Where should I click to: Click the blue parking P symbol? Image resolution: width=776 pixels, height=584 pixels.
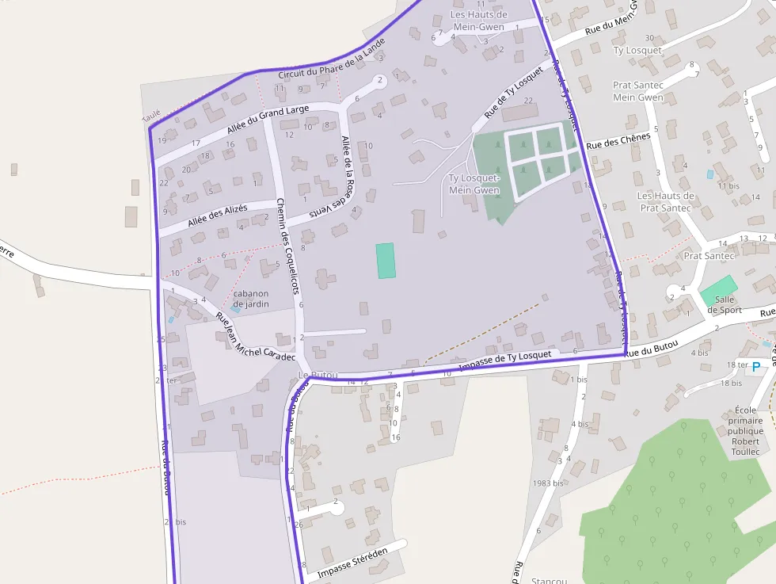click(x=755, y=366)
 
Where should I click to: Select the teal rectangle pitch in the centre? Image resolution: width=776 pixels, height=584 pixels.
click(x=386, y=261)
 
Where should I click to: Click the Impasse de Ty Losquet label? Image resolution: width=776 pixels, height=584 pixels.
click(x=504, y=359)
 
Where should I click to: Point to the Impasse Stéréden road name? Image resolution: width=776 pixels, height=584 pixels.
click(x=352, y=563)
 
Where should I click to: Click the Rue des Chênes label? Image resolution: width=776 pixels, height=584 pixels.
click(x=618, y=141)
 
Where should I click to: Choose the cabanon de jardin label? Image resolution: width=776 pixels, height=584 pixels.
click(x=251, y=299)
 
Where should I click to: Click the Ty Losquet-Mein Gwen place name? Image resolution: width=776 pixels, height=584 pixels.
click(x=474, y=184)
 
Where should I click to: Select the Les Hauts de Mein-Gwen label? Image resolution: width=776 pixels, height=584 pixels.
click(x=478, y=21)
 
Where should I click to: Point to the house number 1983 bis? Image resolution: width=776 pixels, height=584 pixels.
click(x=548, y=483)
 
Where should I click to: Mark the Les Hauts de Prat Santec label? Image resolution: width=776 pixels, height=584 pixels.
click(x=666, y=202)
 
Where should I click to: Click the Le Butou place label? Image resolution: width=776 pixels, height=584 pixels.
click(x=318, y=375)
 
